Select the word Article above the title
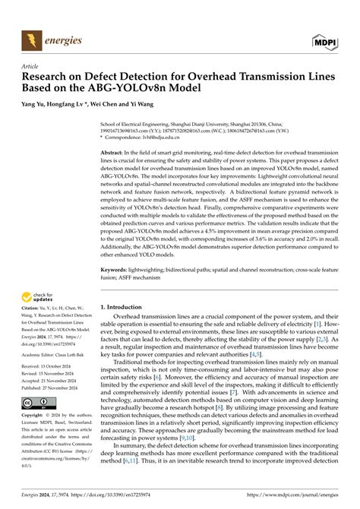click(33, 66)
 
